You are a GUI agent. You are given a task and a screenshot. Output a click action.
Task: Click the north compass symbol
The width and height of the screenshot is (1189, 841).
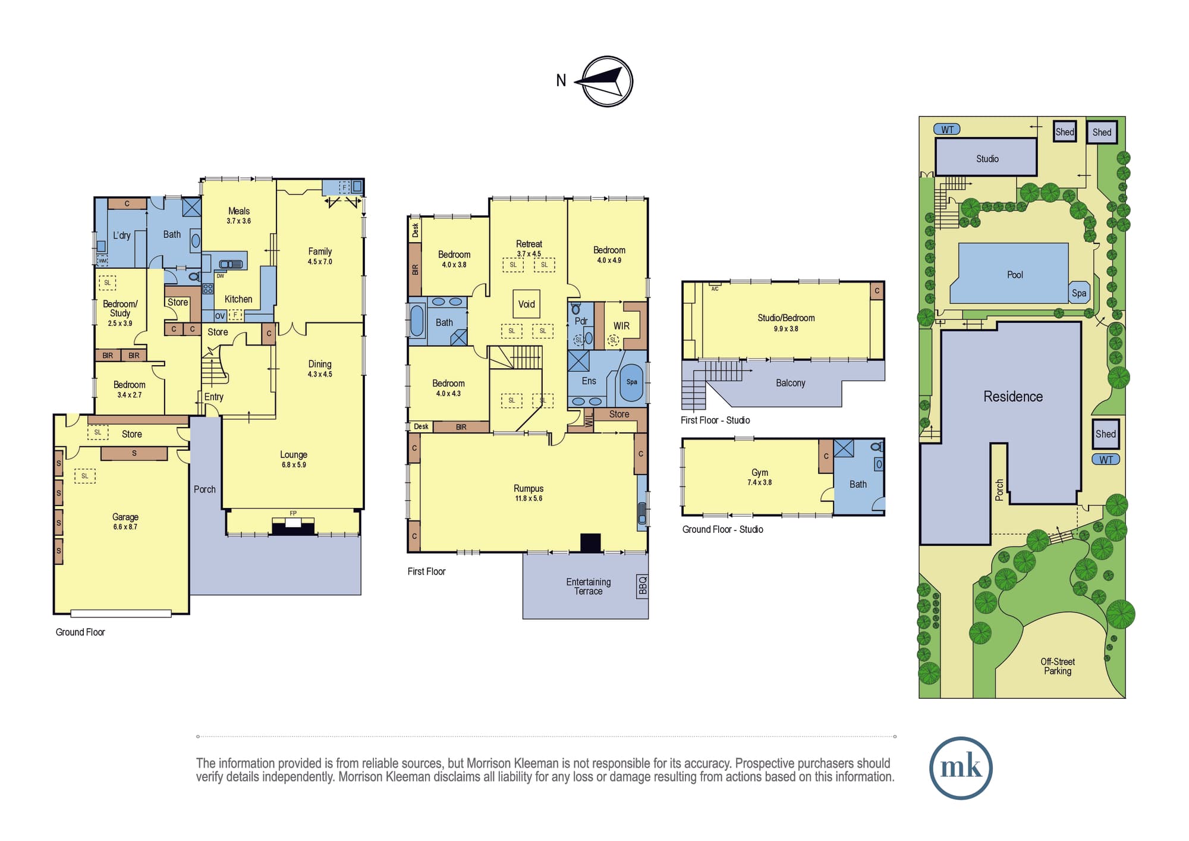coord(606,81)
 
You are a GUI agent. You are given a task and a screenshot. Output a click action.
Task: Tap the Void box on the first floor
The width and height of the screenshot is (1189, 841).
coord(527,304)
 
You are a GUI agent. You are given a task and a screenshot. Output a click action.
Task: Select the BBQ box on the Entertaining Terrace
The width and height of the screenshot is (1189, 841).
coord(642,586)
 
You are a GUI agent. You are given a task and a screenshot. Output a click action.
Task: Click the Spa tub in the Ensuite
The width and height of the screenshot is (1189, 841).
coord(631,382)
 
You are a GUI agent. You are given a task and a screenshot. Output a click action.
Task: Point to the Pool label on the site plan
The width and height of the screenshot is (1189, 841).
coord(1015,275)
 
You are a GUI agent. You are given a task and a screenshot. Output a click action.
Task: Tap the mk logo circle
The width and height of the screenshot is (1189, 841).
coord(961,768)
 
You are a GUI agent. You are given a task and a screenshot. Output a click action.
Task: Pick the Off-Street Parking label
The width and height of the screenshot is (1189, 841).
coord(1058,666)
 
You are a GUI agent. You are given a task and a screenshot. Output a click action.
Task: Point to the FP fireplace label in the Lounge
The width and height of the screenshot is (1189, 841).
coord(293,513)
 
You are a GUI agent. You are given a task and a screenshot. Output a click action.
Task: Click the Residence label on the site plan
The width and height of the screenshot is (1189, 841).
coord(1013,397)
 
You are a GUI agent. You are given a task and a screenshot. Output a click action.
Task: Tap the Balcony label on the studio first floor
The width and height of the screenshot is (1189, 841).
coord(791,383)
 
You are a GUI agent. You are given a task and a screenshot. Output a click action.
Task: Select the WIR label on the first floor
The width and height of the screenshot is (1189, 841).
coord(621,326)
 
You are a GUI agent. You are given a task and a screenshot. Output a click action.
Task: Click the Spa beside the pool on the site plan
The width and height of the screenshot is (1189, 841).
coord(1079,293)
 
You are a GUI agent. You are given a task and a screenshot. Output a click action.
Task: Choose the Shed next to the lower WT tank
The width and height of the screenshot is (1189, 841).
coord(1106,434)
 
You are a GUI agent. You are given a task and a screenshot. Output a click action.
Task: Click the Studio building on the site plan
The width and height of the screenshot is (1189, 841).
coord(986,157)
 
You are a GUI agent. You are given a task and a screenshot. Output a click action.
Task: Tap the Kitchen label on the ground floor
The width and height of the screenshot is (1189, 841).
coord(238,299)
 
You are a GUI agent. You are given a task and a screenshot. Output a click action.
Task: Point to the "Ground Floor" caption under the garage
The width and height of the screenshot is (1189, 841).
coord(80,632)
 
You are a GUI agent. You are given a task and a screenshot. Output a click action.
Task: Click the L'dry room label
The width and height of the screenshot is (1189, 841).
coord(122,236)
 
